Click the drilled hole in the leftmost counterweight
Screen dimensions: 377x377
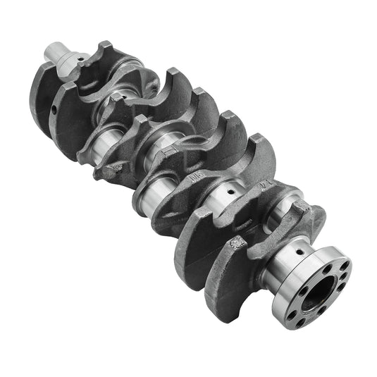coord(54,111)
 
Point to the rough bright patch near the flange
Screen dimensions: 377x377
coord(237,243)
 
